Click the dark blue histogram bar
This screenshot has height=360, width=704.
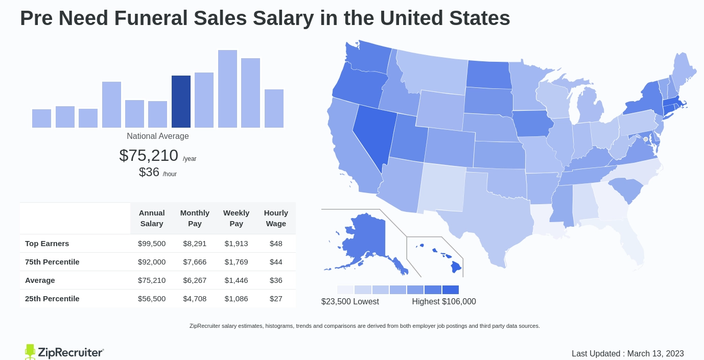coord(181,102)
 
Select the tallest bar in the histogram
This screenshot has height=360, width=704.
coord(227,89)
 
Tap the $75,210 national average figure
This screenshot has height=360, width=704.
coord(149,155)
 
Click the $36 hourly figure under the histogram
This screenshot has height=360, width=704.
coord(149,172)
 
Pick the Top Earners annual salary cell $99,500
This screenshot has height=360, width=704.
coord(152,244)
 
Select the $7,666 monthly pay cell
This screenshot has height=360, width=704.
coord(195,262)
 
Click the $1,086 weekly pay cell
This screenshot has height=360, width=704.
coord(236,299)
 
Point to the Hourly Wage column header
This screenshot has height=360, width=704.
coord(276,218)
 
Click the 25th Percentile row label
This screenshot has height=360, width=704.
coord(52,299)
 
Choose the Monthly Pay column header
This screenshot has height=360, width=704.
coord(195,218)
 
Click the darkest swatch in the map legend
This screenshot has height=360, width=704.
coord(451,290)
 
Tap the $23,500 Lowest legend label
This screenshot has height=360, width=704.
coord(350,302)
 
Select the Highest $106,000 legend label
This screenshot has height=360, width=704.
coord(444,302)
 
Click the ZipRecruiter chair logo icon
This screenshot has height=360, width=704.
coord(30,352)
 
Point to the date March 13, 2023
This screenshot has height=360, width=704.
coord(655,353)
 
